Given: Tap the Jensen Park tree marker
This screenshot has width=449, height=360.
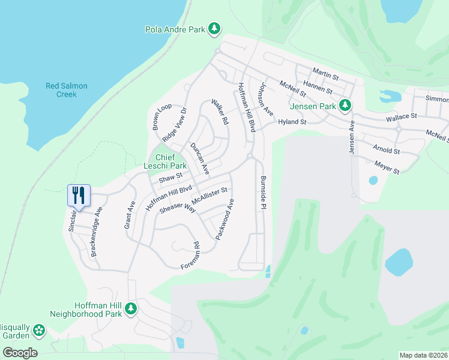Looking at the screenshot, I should pos(345,106).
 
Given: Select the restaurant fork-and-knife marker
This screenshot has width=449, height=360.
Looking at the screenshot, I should pos(79,194).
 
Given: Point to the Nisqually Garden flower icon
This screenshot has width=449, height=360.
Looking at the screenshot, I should pos(39,330).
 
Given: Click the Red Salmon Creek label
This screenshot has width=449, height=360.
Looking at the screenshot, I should pos(67,90).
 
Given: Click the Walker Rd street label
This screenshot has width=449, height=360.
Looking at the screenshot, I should pos(220,112).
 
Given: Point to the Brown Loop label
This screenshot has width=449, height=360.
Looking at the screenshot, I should pos(161,116).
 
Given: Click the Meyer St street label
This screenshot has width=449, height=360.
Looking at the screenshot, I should pos(387,167).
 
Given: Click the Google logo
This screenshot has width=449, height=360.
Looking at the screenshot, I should pos(20,353).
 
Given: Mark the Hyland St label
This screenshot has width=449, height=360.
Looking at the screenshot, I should pos(292,122).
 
